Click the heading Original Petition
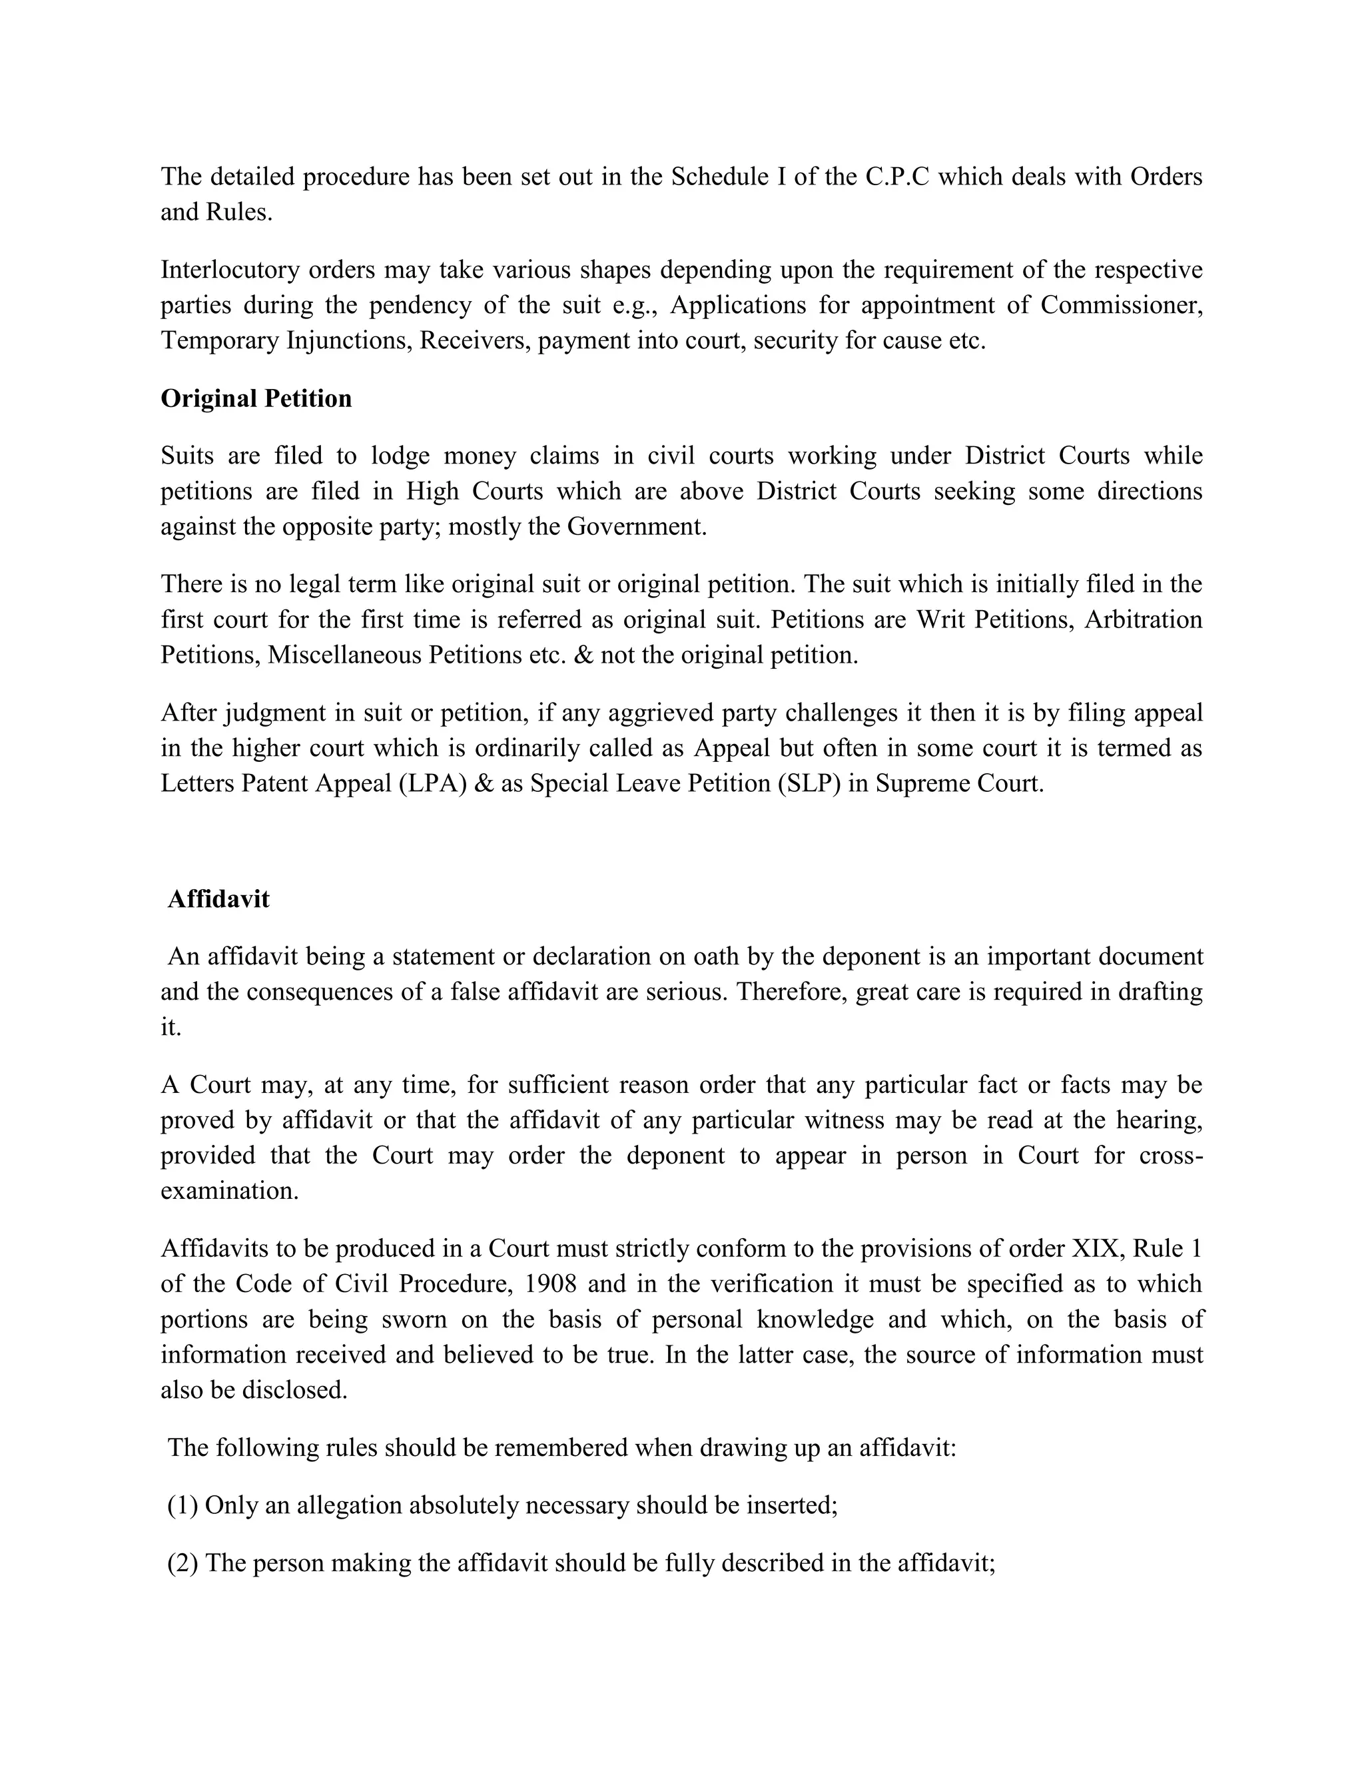(256, 398)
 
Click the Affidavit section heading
(218, 898)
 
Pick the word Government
(636, 527)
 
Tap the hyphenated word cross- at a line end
(1171, 1156)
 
